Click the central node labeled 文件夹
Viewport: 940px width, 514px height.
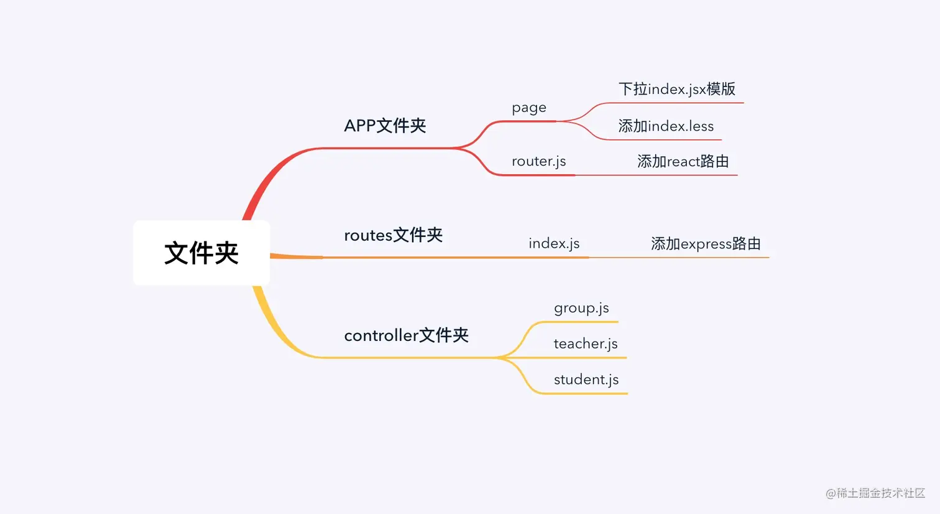[x=201, y=253]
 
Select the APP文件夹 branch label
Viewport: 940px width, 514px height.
[x=385, y=126]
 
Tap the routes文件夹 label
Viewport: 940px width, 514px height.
[x=393, y=235]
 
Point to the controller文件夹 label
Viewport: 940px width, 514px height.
[x=406, y=335]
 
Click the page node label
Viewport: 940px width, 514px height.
[x=529, y=108]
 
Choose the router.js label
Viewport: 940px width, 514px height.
[x=538, y=161]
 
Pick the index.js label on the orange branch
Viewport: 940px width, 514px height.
[x=554, y=243]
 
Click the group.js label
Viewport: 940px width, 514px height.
[x=581, y=308]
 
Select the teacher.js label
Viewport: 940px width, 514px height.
[x=586, y=343]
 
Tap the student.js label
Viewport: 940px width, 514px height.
[x=586, y=380]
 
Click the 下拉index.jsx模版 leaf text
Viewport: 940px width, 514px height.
[x=677, y=89]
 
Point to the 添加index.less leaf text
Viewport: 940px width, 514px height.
[x=666, y=126]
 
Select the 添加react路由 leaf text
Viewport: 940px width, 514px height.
[x=683, y=162]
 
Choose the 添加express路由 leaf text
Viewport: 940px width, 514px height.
[x=706, y=244]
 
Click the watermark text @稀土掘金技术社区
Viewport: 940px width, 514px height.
[x=875, y=493]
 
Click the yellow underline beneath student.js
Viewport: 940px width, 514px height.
[x=584, y=393]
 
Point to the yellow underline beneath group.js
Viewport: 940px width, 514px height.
[x=581, y=322]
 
